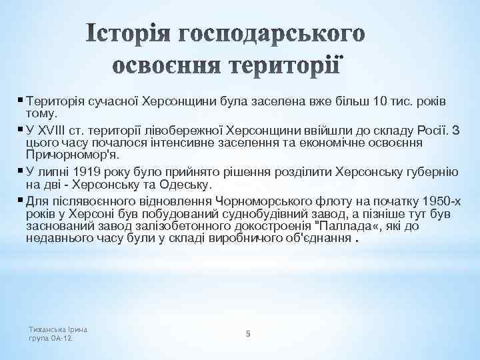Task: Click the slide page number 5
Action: click(247, 333)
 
